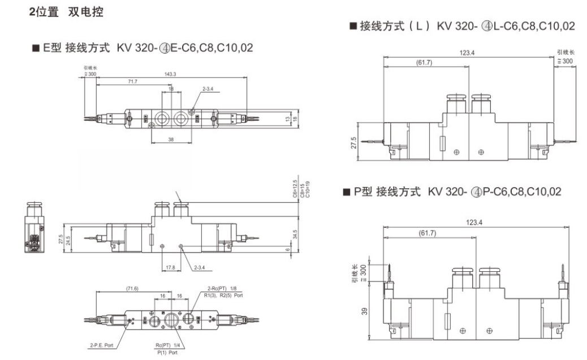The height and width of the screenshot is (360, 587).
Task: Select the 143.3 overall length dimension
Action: (x=169, y=74)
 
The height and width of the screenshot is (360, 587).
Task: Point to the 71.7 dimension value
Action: (x=132, y=82)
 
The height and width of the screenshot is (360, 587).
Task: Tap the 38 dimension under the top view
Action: (x=171, y=139)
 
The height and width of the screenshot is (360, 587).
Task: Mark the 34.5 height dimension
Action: (x=296, y=233)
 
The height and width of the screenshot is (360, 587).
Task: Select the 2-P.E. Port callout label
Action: (x=101, y=344)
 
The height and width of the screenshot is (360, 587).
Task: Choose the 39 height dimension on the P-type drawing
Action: (x=364, y=310)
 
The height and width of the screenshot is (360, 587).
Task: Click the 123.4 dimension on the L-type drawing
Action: (x=467, y=53)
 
